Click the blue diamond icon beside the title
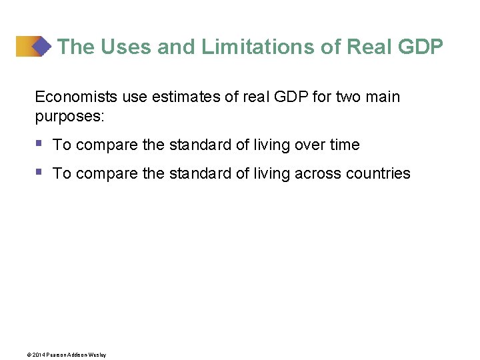coord(41,46)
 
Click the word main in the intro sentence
coord(384,97)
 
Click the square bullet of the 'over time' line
coord(39,143)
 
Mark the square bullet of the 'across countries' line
coord(39,172)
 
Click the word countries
coord(379,173)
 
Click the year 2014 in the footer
coord(38,355)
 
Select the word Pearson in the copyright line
coord(56,355)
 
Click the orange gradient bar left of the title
coord(25,46)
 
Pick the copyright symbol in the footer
coord(29,355)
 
